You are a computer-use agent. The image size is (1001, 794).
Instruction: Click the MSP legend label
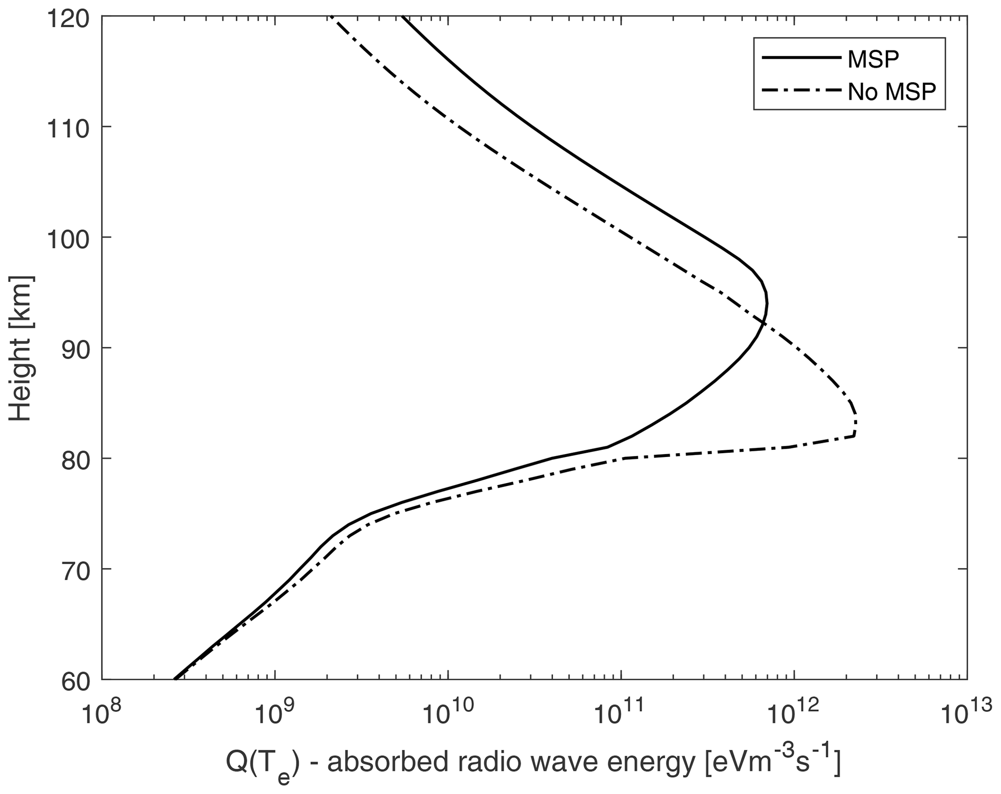pos(873,59)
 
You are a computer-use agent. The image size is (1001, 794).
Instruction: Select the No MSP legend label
pos(892,92)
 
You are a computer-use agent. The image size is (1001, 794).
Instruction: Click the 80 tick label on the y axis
pos(76,459)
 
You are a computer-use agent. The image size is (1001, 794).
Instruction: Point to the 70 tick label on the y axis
pos(76,569)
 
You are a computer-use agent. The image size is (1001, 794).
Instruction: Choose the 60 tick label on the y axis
pos(76,680)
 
